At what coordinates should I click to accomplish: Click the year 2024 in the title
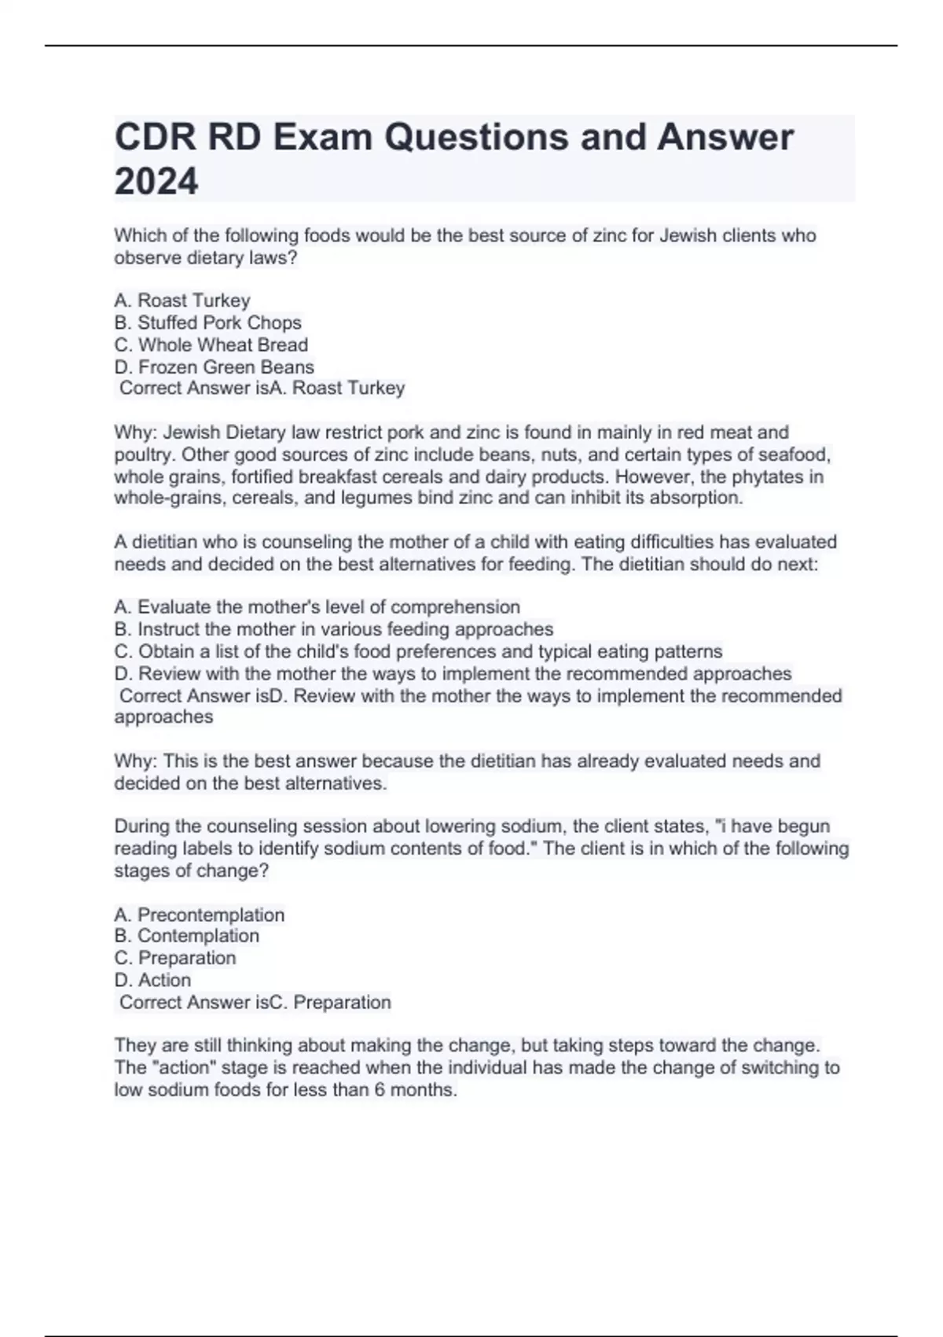(156, 182)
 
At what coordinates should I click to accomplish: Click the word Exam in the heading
(323, 138)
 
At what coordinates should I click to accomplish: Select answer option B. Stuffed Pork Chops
(207, 322)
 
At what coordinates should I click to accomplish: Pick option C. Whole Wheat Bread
(211, 344)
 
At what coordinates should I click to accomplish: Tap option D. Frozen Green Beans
(214, 366)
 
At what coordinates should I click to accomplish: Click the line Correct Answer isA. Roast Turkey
(262, 388)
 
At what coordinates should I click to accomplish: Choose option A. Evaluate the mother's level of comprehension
(317, 607)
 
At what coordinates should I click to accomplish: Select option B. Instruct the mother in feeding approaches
(334, 629)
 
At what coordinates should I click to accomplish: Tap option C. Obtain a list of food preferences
(418, 651)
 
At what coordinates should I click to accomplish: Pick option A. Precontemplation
(199, 915)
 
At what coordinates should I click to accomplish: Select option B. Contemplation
(186, 936)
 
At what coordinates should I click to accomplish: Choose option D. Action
(152, 980)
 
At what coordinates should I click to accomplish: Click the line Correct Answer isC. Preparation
(255, 1002)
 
